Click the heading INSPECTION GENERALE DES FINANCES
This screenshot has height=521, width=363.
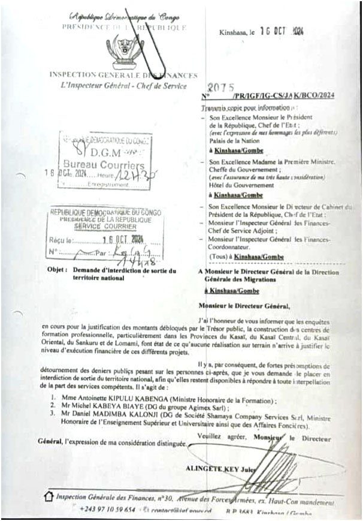[123, 76]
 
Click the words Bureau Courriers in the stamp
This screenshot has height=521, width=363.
[104, 164]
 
